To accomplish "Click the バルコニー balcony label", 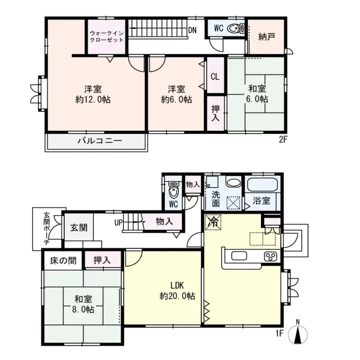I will pyautogui.click(x=100, y=141).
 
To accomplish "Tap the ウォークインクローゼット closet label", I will pyautogui.click(x=106, y=35).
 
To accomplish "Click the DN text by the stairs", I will pyautogui.click(x=193, y=30).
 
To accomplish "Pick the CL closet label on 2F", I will pyautogui.click(x=215, y=76).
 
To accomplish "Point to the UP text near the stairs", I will pyautogui.click(x=119, y=223).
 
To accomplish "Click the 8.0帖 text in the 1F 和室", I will pyautogui.click(x=83, y=310).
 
